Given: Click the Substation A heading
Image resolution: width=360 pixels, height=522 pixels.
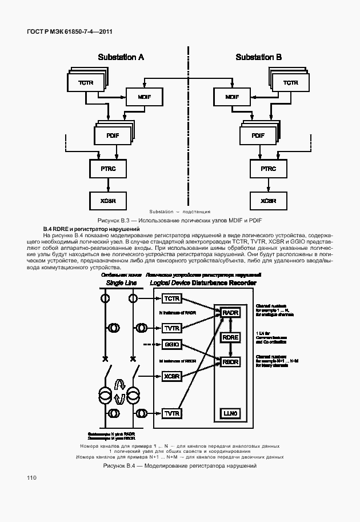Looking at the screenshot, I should coord(121,57).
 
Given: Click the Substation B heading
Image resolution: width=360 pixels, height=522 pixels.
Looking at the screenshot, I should coord(259,57).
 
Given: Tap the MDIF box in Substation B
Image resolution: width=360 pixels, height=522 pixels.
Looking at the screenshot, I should coord(232,97).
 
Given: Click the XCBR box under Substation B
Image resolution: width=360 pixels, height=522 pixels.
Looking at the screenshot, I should coord(268,201).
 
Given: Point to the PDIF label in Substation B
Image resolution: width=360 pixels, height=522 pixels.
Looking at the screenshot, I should coord(258,136).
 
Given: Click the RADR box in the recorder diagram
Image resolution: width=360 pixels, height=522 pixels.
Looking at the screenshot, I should coord(230,313).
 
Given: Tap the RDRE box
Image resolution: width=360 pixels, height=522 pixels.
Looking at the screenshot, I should coord(230,337).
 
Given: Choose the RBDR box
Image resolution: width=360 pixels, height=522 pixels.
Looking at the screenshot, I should coord(230,361).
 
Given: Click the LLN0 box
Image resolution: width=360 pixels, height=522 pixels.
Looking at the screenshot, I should coord(230,413).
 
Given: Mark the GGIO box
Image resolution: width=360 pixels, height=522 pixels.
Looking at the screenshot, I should coord(172,345).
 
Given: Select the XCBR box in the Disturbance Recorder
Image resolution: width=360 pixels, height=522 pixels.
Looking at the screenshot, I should coord(172,376).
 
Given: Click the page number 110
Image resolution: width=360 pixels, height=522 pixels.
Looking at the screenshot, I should coord(31,478).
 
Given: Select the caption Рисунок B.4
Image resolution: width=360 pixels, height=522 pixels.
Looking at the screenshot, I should coord(179,466).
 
